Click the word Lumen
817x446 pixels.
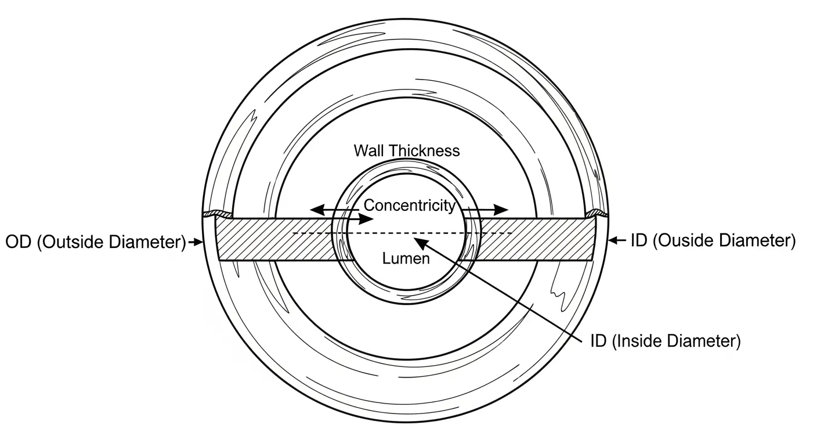(406, 258)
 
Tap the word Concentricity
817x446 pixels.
(409, 205)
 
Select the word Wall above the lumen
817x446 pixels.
(369, 151)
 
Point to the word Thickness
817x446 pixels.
(425, 151)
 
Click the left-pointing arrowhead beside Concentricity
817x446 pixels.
(314, 208)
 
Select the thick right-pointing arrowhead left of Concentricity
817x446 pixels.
(368, 219)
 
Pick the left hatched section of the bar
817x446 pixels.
(273, 239)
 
